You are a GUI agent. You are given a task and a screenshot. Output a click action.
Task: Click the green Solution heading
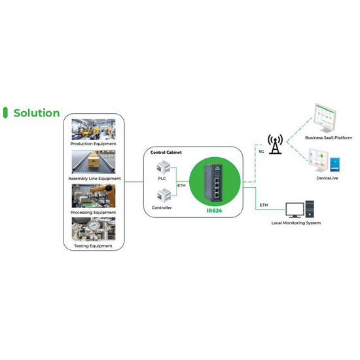tap(37, 113)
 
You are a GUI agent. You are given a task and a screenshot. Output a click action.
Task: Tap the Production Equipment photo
tap(94, 129)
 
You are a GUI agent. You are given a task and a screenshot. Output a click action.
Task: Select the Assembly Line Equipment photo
tap(94, 162)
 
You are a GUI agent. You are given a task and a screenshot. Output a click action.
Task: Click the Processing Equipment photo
tap(94, 196)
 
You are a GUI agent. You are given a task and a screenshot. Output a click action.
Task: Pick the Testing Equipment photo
tap(94, 229)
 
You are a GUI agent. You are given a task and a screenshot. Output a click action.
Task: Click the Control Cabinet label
tap(166, 153)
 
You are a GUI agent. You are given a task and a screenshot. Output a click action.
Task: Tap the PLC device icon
tap(163, 167)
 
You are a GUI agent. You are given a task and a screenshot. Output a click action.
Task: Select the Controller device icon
tap(164, 195)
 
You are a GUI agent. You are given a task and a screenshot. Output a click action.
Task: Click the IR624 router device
tap(213, 182)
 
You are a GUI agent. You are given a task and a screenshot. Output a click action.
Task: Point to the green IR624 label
tap(214, 211)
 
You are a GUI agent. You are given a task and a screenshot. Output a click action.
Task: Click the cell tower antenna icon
tap(275, 145)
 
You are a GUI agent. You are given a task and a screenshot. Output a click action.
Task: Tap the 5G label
tap(262, 152)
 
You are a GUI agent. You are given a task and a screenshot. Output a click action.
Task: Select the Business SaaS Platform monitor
tap(325, 118)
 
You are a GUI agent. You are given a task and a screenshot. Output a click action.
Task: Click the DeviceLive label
tap(327, 178)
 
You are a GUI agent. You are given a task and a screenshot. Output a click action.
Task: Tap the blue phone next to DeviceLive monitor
tap(335, 164)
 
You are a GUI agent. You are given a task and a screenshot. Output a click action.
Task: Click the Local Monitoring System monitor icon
tap(295, 210)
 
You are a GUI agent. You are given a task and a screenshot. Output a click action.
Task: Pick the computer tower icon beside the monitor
tap(310, 209)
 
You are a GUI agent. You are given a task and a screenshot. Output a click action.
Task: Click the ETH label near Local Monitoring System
tap(264, 205)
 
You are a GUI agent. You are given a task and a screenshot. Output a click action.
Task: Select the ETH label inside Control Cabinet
tap(181, 185)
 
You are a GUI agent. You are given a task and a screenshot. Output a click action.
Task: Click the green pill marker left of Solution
tap(5, 113)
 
